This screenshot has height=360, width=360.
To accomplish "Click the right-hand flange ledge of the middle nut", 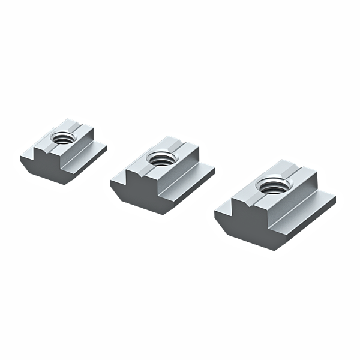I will click(198, 173).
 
